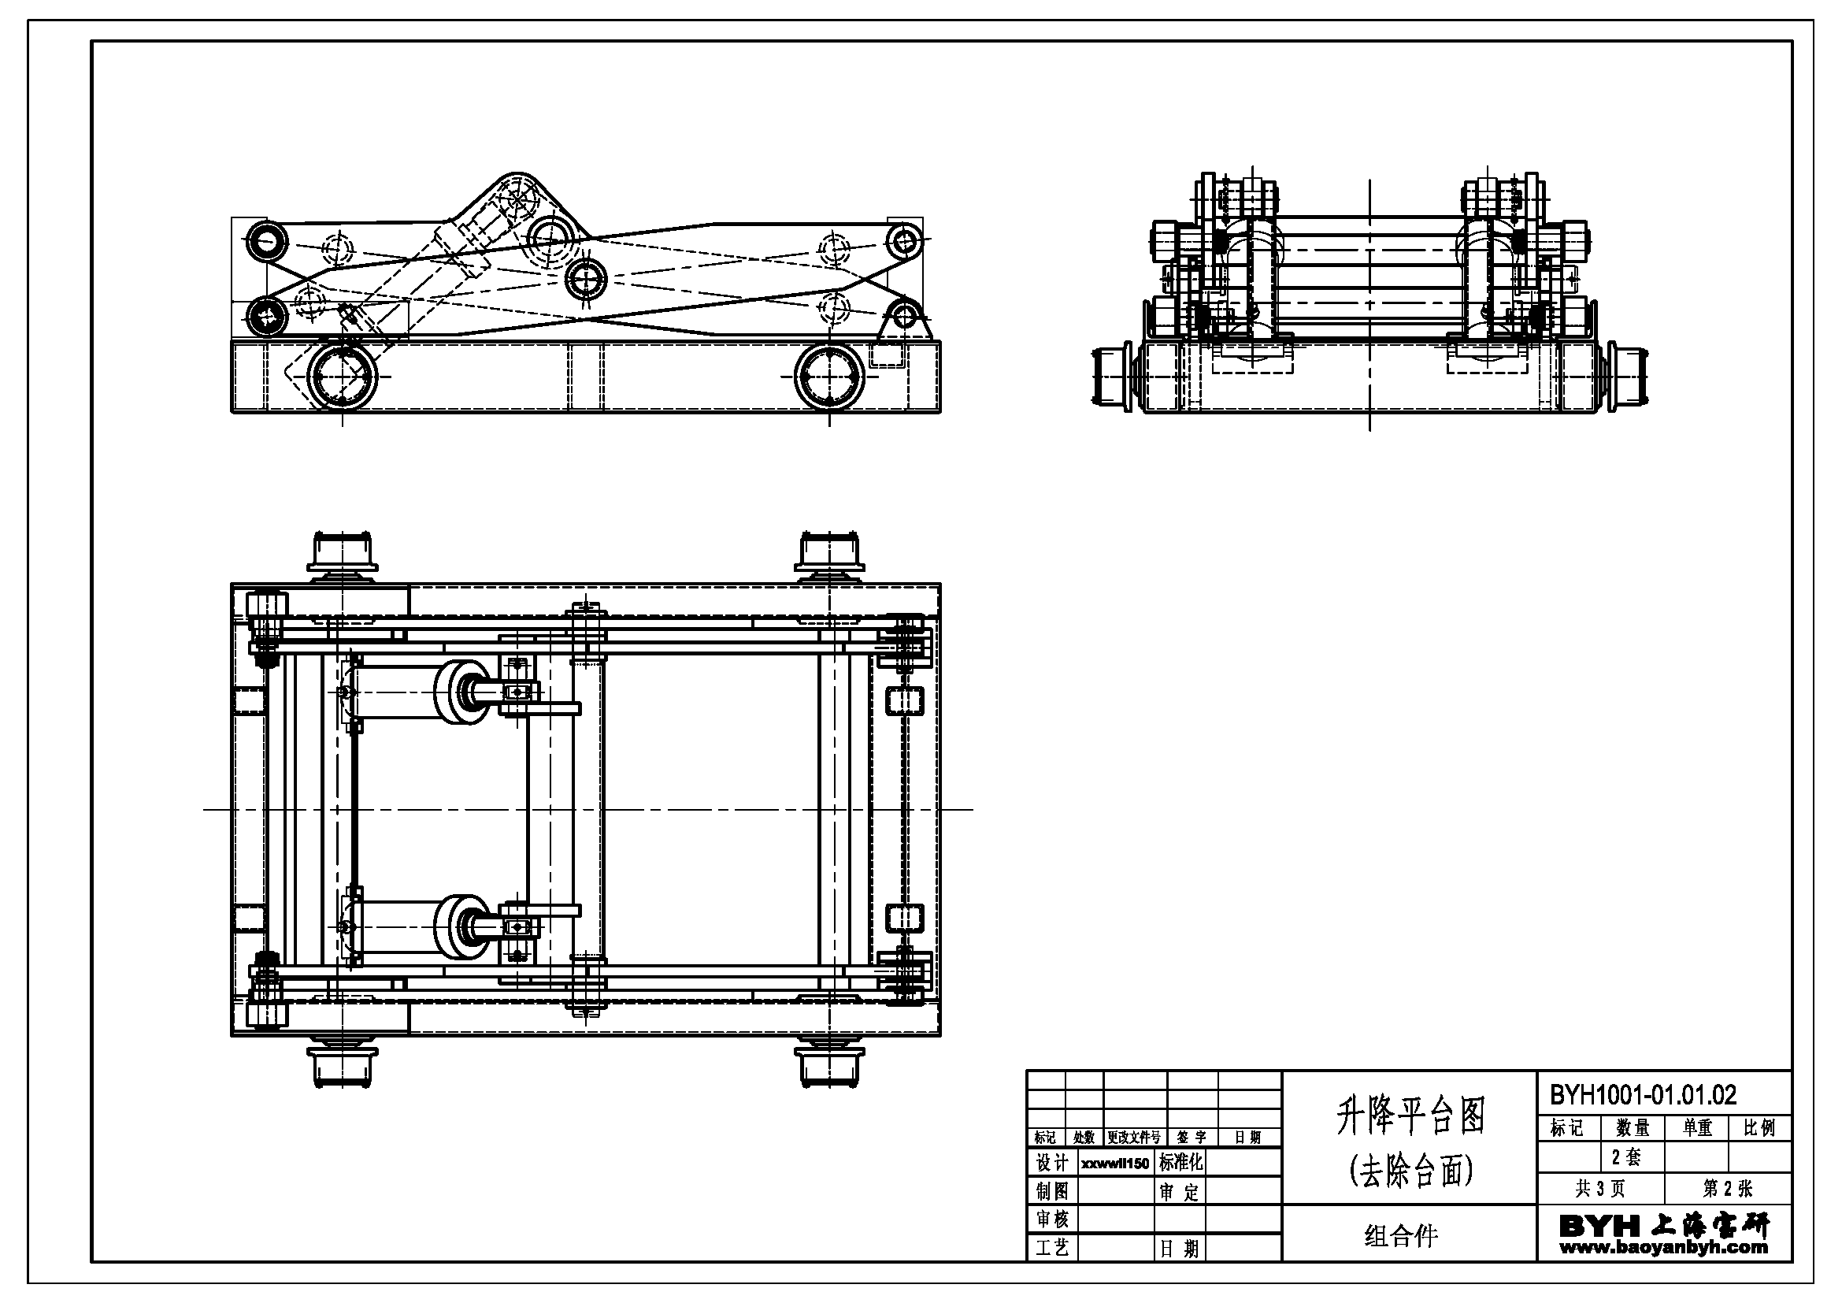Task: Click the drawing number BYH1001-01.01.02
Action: click(1642, 1094)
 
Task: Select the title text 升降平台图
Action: click(1410, 1116)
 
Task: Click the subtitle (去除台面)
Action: click(1410, 1171)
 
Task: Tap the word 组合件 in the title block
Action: click(1401, 1235)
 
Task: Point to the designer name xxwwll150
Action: click(1114, 1164)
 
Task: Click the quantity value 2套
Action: click(1626, 1157)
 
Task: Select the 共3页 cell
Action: click(1599, 1188)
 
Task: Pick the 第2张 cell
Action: click(1727, 1188)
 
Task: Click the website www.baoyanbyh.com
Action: click(1663, 1248)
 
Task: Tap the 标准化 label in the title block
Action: click(1180, 1163)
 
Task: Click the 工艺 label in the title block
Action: click(1052, 1249)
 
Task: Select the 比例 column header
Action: click(1759, 1128)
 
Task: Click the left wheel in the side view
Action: click(343, 377)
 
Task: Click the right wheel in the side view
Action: click(829, 377)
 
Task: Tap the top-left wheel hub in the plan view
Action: click(343, 552)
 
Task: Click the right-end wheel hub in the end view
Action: click(1626, 377)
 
